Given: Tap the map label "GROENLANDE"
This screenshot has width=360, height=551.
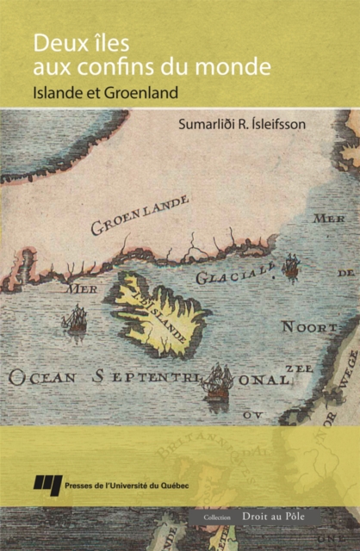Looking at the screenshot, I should pyautogui.click(x=140, y=215).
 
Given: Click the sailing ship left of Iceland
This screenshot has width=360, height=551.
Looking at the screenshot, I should pyautogui.click(x=75, y=320).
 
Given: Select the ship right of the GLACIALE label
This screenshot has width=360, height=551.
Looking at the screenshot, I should pyautogui.click(x=291, y=267).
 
